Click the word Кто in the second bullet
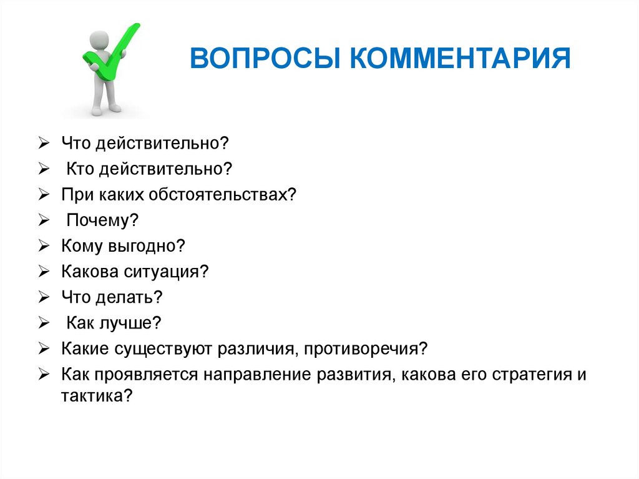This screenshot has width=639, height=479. tap(78, 169)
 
